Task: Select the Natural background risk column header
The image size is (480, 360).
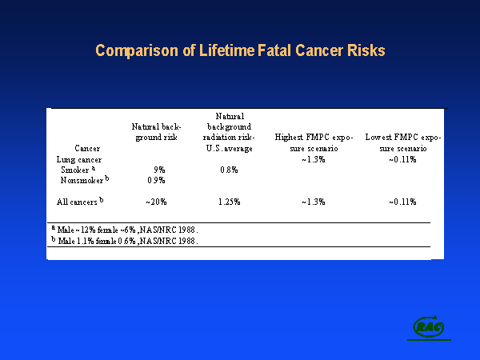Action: click(x=157, y=131)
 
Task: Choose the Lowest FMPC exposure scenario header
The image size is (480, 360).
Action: click(x=403, y=142)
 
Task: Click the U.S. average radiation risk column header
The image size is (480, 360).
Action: click(x=230, y=132)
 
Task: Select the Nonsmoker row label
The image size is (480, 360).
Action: click(x=85, y=180)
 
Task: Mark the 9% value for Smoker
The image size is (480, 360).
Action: click(x=158, y=170)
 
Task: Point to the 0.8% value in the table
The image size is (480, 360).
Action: click(x=229, y=170)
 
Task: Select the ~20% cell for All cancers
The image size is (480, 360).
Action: click(x=156, y=202)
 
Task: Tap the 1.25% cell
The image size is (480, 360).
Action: click(x=230, y=202)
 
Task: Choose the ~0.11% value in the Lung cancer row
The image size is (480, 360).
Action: click(x=403, y=158)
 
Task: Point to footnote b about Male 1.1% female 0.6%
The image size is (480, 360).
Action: click(x=123, y=240)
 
